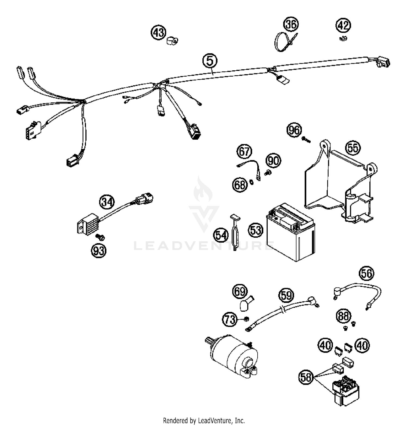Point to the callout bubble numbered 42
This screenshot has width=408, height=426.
coord(343,25)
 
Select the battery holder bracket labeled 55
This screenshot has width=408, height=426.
coord(337,185)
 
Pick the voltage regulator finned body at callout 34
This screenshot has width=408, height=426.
coord(86,224)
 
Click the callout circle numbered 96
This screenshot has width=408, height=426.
coord(294,130)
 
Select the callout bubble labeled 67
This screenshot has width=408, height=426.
coord(244,151)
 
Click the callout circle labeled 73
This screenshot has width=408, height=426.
coord(230,319)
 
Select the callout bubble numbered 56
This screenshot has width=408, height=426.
coord(366,273)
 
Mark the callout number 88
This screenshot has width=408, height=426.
coord(343,316)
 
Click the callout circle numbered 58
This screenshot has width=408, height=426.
coord(306,377)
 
